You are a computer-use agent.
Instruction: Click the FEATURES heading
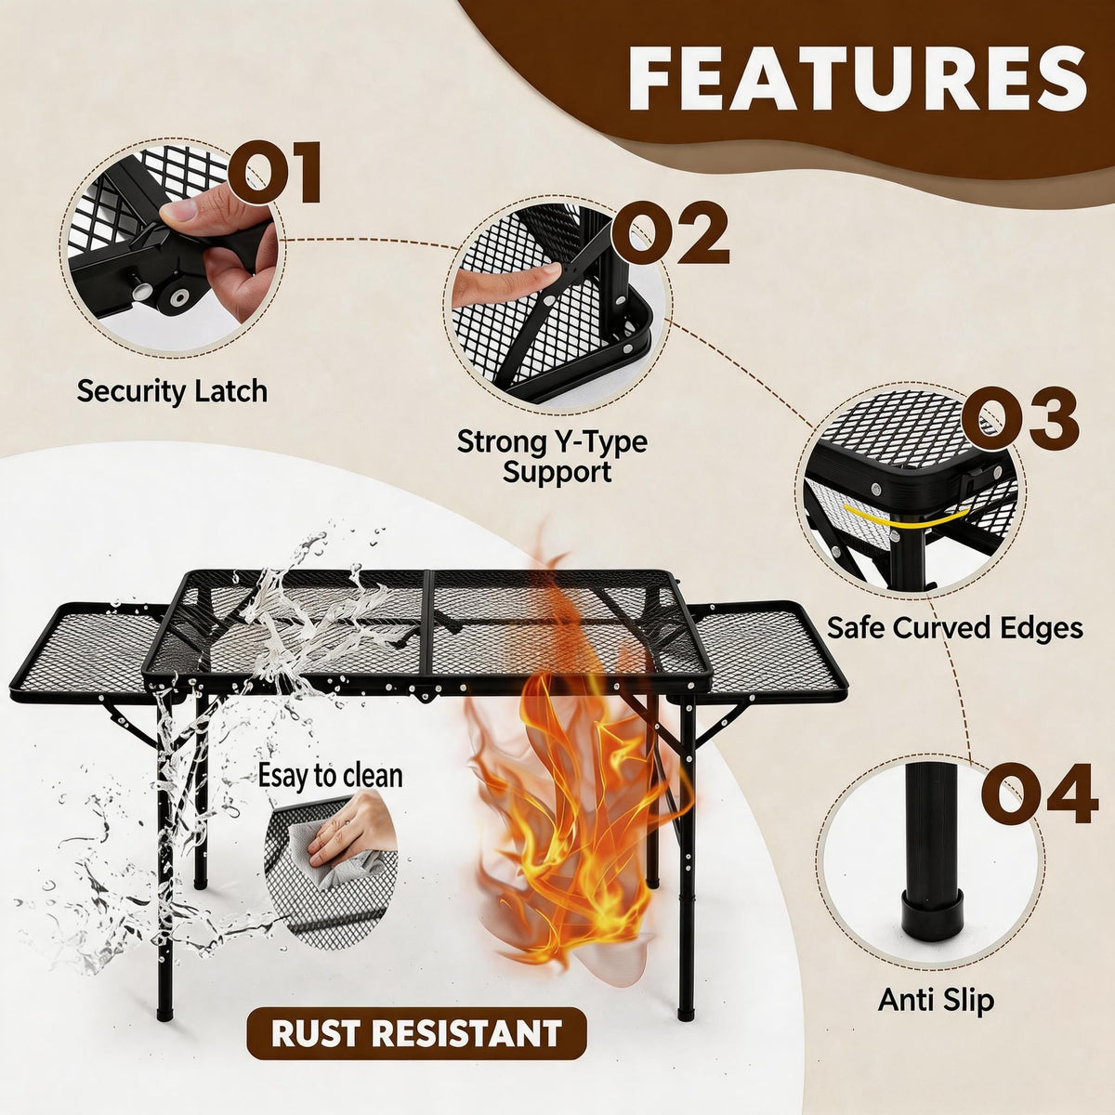click(857, 78)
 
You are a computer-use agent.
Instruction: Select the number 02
click(669, 233)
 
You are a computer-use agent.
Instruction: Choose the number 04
click(1039, 794)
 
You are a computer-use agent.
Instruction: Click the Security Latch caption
click(172, 392)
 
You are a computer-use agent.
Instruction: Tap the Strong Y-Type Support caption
click(551, 456)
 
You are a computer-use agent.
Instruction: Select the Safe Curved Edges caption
click(955, 628)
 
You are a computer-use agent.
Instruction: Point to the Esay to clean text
click(330, 776)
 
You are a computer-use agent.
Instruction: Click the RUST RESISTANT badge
click(416, 1033)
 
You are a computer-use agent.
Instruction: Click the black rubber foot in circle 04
click(932, 914)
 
